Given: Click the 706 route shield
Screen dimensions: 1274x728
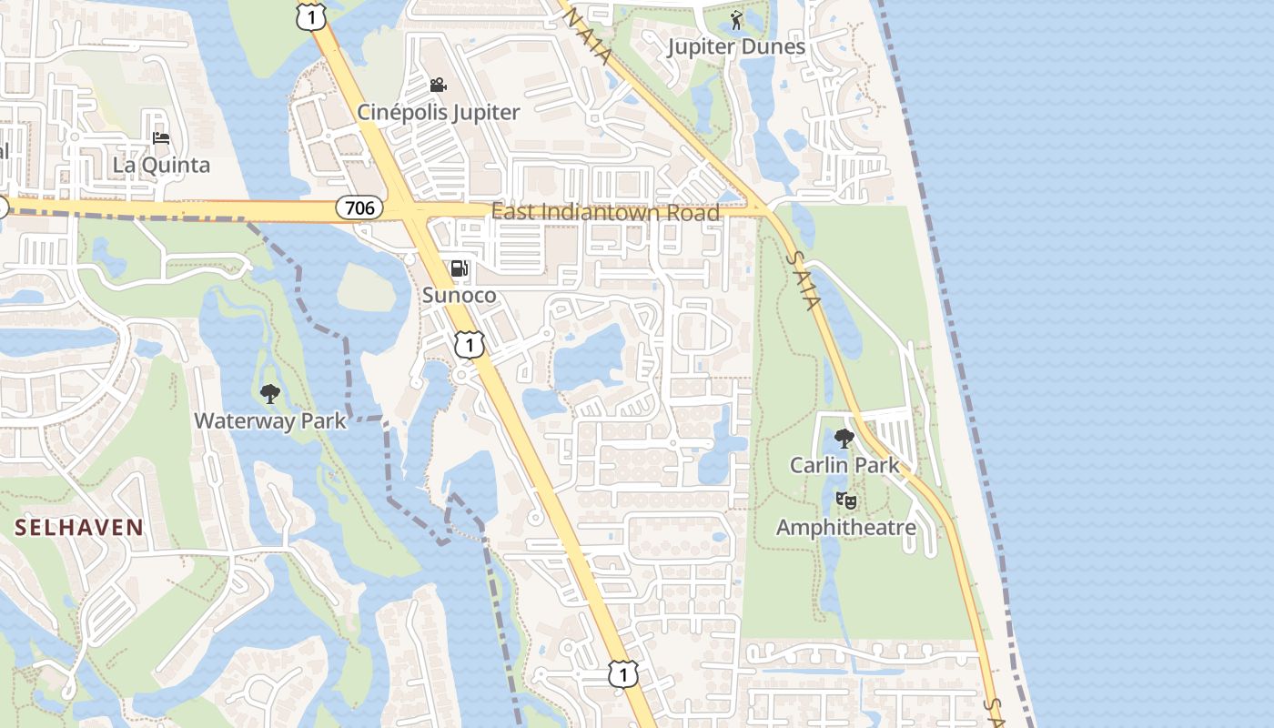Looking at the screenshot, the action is click(x=360, y=208).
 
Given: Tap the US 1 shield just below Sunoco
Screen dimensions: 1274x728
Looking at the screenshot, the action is click(x=469, y=345).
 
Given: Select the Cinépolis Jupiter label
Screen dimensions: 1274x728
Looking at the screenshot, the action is click(x=439, y=112).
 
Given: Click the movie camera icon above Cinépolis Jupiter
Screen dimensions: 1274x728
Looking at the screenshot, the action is click(x=439, y=86).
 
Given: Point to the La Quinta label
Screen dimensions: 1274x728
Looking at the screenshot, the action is click(x=161, y=165).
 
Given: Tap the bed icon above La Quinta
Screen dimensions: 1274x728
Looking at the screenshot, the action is click(x=161, y=138).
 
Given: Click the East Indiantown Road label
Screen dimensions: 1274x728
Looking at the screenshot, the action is click(x=605, y=212).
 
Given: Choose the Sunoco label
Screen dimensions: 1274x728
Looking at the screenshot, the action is click(x=460, y=295).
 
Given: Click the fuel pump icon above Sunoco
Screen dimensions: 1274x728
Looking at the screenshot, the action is click(x=460, y=268).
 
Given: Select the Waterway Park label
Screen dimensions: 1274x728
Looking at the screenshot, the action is click(x=270, y=420).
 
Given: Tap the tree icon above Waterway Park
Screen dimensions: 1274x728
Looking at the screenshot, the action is click(x=269, y=394).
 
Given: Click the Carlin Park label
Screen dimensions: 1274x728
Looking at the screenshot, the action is click(x=844, y=465).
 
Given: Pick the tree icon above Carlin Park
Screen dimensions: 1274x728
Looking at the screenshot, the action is click(x=844, y=439).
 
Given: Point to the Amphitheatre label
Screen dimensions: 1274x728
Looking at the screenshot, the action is click(x=845, y=527).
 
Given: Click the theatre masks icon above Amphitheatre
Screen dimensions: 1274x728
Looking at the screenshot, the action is click(x=845, y=500).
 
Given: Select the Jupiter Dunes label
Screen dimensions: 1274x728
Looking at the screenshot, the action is click(x=736, y=46).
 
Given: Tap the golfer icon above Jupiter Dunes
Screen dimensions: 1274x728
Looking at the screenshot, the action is click(x=736, y=20).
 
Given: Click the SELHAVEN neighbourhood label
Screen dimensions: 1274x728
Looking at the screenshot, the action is click(x=79, y=527).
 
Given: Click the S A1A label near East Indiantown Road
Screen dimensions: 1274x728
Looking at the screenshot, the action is click(x=802, y=270).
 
